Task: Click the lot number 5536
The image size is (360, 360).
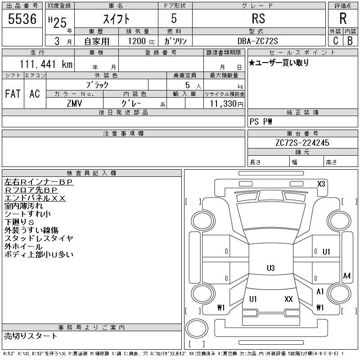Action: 22,19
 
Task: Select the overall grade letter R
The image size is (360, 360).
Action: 343,18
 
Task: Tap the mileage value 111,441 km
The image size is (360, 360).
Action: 46,64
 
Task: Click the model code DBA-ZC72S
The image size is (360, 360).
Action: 257,41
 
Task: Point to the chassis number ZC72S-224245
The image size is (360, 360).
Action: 302,143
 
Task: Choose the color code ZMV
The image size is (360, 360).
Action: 74,103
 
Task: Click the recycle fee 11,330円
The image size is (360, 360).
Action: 227,104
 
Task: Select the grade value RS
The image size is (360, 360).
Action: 258,18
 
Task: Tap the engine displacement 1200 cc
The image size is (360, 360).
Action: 141,41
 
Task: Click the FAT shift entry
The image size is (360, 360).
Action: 13,94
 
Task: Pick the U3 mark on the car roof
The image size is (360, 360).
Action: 271,268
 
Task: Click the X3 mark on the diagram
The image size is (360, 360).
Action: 321,184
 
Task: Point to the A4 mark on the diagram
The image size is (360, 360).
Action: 346,276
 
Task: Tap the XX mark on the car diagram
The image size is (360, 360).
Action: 288,299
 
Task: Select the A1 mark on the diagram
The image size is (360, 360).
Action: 320,292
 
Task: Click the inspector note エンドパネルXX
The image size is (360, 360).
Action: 35,198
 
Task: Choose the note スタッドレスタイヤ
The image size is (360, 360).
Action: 39,238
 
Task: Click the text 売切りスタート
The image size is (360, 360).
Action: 31,336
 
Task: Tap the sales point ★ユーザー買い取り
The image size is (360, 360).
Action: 279,63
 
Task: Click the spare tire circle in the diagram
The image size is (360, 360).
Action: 197,328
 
